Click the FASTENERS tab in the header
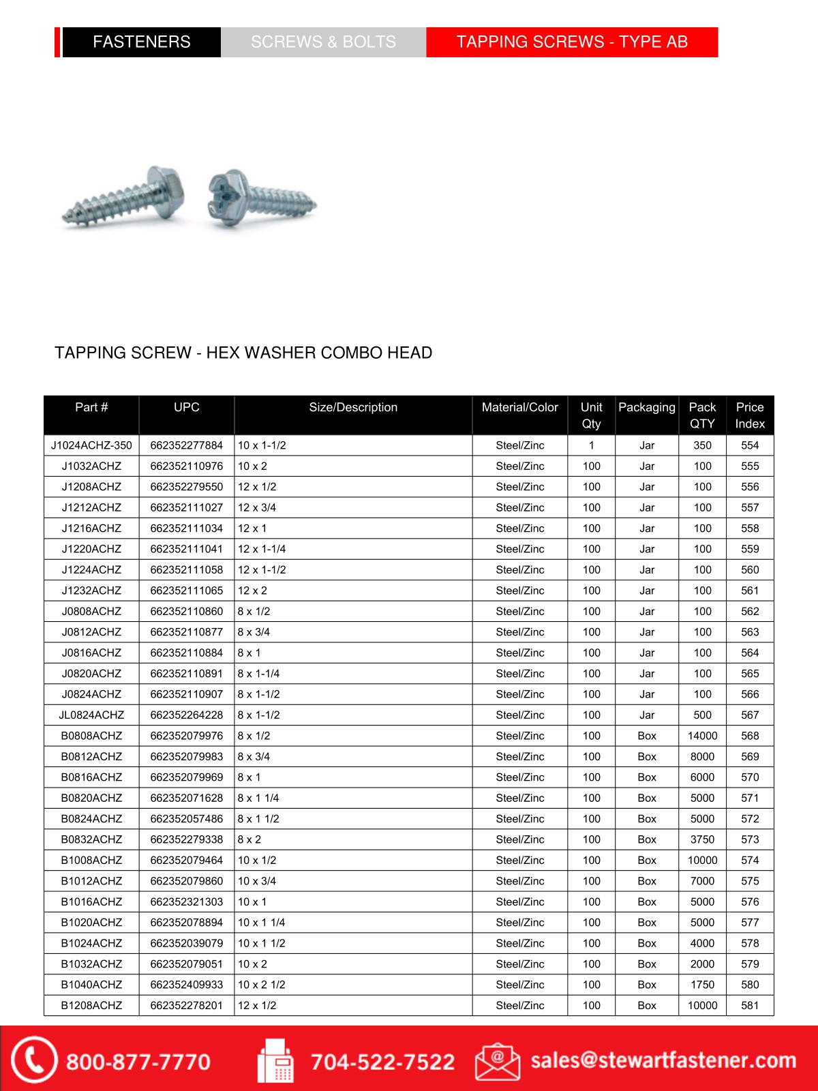(x=141, y=42)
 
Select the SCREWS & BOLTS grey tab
(x=323, y=42)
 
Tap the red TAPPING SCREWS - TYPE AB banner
(x=572, y=42)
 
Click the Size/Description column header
(x=353, y=408)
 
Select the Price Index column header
(x=750, y=415)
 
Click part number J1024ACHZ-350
(x=91, y=445)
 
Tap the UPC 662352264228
(x=186, y=715)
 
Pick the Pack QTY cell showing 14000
(x=702, y=736)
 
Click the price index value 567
(x=750, y=715)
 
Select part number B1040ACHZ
(x=91, y=985)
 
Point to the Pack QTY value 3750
(x=702, y=839)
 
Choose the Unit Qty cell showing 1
(x=591, y=445)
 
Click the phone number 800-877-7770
(x=138, y=1062)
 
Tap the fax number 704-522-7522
(x=382, y=1062)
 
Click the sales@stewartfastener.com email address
(x=663, y=1060)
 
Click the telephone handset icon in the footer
(x=33, y=1060)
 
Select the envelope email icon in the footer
(x=497, y=1062)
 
